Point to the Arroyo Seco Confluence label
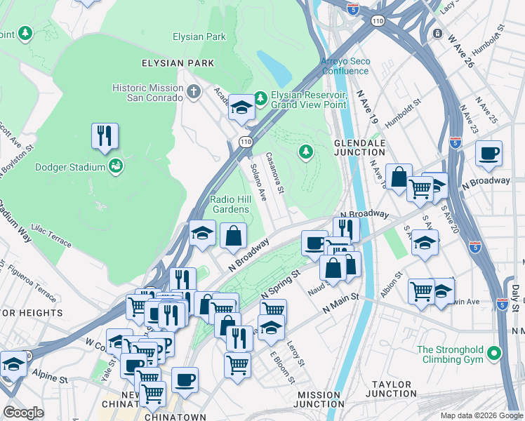point(345,66)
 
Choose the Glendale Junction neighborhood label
point(359,147)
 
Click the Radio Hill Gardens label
point(230,204)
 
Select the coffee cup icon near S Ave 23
point(489,153)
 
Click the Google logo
point(23,413)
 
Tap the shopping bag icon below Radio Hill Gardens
point(233,236)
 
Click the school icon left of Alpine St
point(13,365)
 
